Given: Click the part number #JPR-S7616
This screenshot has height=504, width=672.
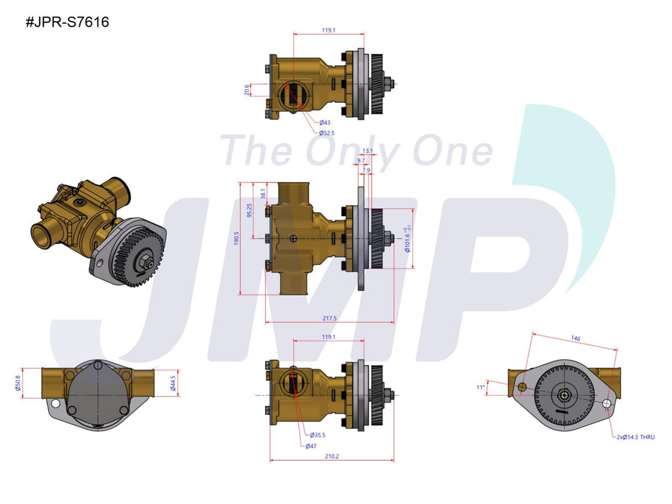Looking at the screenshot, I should tap(68, 22).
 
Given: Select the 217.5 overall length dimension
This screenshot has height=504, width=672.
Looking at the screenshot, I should tap(331, 318).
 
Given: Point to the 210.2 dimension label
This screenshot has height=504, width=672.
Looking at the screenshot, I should tap(331, 455).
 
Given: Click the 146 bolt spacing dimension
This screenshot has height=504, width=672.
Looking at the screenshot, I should tap(575, 338).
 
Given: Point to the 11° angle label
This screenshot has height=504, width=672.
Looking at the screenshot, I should tap(482, 387).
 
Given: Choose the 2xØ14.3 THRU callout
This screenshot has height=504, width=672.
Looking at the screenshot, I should tap(636, 437).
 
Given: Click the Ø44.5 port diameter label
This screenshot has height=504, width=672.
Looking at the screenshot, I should tap(173, 381).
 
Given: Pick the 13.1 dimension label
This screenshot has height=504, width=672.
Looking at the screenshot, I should tap(367, 151).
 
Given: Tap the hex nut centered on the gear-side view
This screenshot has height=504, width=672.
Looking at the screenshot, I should tap(563, 395).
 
